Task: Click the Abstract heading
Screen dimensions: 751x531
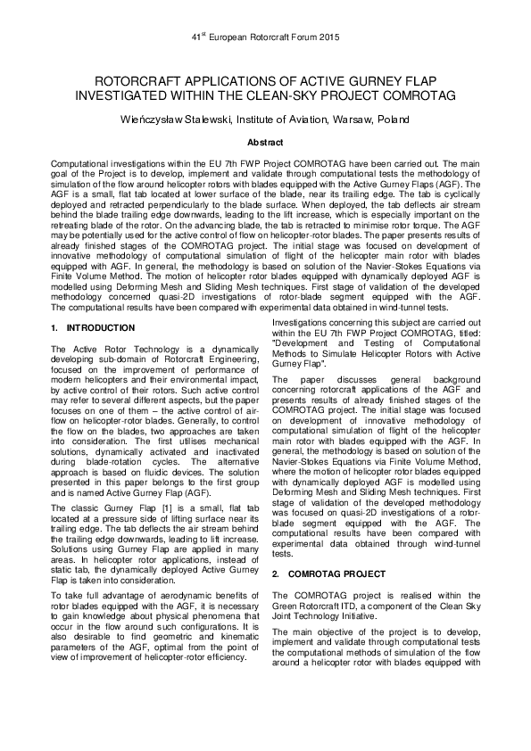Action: click(265, 143)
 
